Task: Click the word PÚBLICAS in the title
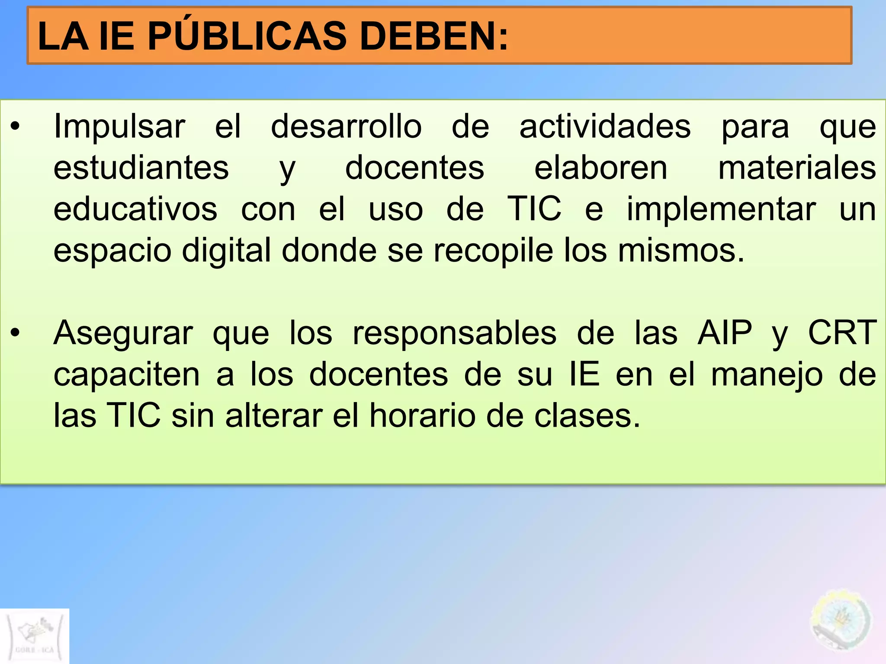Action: [247, 36]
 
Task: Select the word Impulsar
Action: [119, 127]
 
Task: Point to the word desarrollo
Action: [346, 127]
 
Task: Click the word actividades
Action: [605, 127]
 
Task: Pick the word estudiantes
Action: [141, 168]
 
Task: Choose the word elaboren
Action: [601, 168]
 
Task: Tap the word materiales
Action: [797, 168]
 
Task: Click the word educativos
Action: [135, 209]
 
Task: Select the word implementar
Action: [721, 209]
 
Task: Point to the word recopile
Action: [493, 251]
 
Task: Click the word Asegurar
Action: [123, 333]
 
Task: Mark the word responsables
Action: [455, 333]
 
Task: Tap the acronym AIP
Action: [725, 333]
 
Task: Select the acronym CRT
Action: [842, 333]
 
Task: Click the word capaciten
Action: [127, 374]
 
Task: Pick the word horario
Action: [423, 416]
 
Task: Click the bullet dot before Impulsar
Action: [16, 127]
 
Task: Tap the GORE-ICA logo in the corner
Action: [35, 636]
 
